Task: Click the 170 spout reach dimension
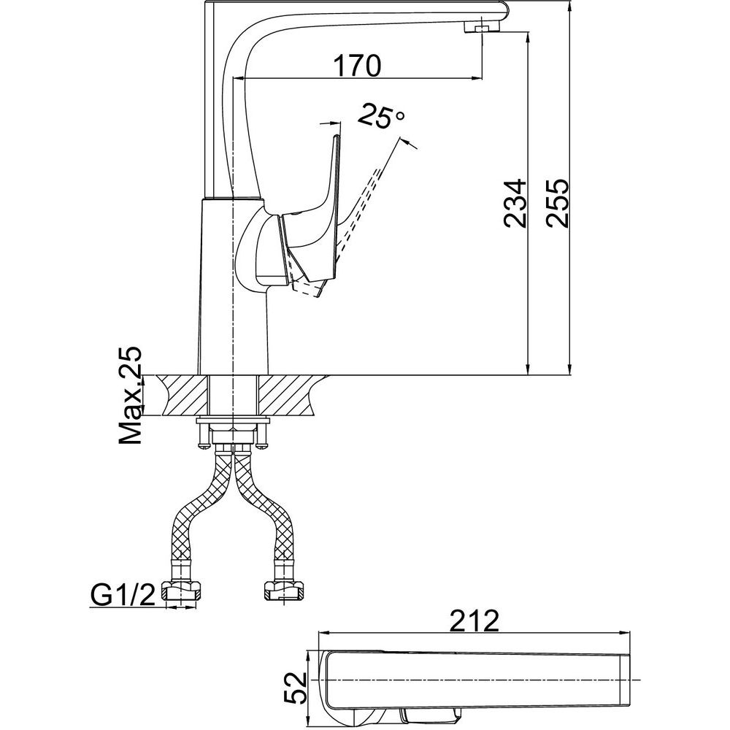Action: (357, 66)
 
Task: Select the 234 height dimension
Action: (515, 203)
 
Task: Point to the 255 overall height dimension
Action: (558, 203)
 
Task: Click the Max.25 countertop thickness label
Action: (129, 395)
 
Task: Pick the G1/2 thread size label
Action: (123, 596)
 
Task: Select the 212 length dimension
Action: (474, 621)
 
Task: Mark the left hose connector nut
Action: (182, 591)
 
